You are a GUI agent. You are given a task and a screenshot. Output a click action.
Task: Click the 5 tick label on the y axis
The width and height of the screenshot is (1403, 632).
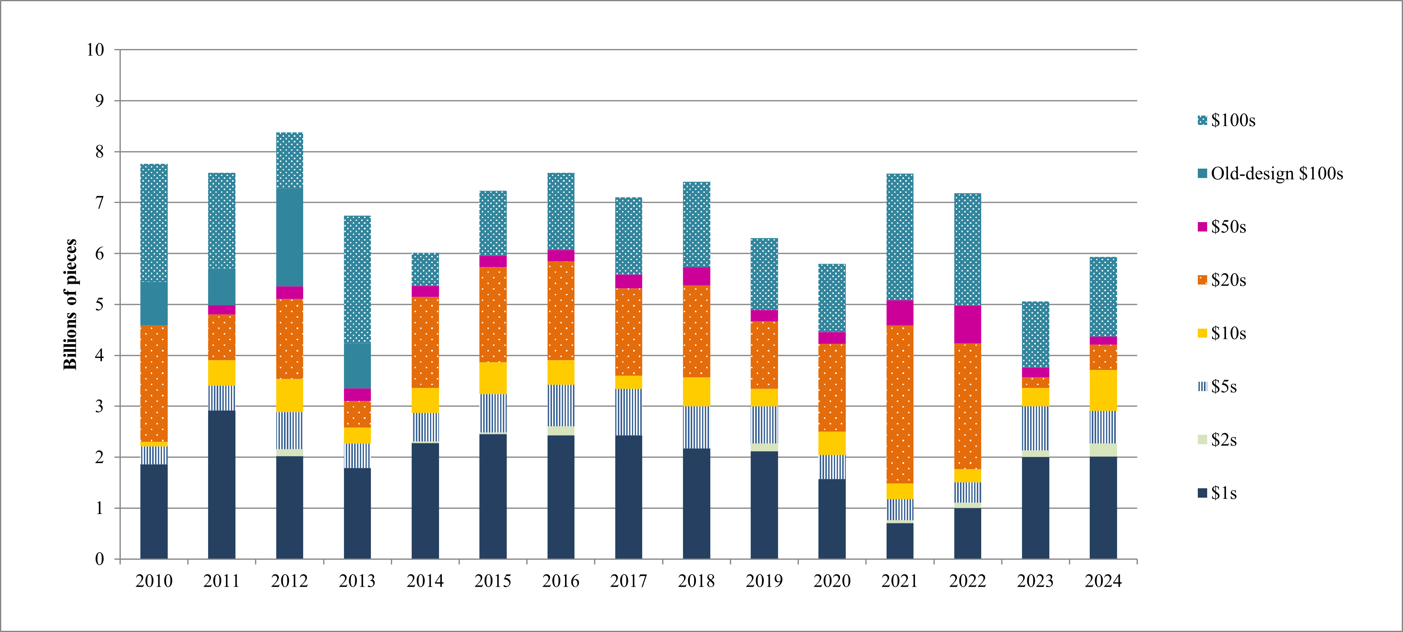(x=99, y=305)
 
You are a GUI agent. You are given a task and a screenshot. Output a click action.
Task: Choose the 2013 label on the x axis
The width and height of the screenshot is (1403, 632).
(x=357, y=581)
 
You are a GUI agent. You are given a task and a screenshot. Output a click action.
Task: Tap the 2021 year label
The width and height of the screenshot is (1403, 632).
(x=900, y=581)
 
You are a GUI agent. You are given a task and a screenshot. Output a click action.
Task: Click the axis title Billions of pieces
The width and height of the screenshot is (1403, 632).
(x=70, y=305)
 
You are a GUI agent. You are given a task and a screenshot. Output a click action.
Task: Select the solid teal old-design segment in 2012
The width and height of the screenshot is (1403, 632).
(x=290, y=237)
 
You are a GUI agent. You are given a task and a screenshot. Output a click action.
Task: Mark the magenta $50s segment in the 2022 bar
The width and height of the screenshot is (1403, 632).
(x=967, y=324)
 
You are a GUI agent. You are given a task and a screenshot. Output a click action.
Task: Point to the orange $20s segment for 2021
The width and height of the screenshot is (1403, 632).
(x=900, y=404)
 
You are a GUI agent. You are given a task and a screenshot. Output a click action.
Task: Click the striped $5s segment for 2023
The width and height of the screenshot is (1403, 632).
(x=1035, y=428)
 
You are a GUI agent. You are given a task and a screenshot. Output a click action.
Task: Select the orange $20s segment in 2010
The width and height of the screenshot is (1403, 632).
(x=154, y=383)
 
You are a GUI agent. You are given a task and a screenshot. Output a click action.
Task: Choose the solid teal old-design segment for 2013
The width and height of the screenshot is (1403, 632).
(x=357, y=365)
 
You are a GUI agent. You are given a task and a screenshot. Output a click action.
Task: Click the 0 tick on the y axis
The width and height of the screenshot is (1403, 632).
(x=99, y=559)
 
